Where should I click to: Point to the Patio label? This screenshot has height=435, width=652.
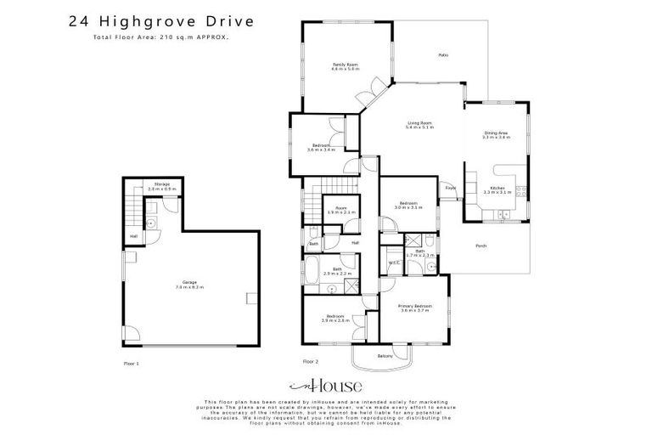coord(442,55)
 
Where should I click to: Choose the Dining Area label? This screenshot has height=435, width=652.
coord(496,134)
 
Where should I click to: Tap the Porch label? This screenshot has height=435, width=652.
coord(481,246)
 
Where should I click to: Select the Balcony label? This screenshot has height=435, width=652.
coord(385,356)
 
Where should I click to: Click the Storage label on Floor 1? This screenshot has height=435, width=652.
coord(161,185)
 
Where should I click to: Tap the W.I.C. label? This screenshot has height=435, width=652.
coord(393,263)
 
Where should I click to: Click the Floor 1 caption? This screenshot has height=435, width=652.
coord(131,363)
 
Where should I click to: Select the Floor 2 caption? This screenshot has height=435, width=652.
coord(311,363)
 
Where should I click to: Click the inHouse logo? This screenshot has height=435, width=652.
coord(326,385)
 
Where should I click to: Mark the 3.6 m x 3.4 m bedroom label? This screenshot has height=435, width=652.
coord(322,148)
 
